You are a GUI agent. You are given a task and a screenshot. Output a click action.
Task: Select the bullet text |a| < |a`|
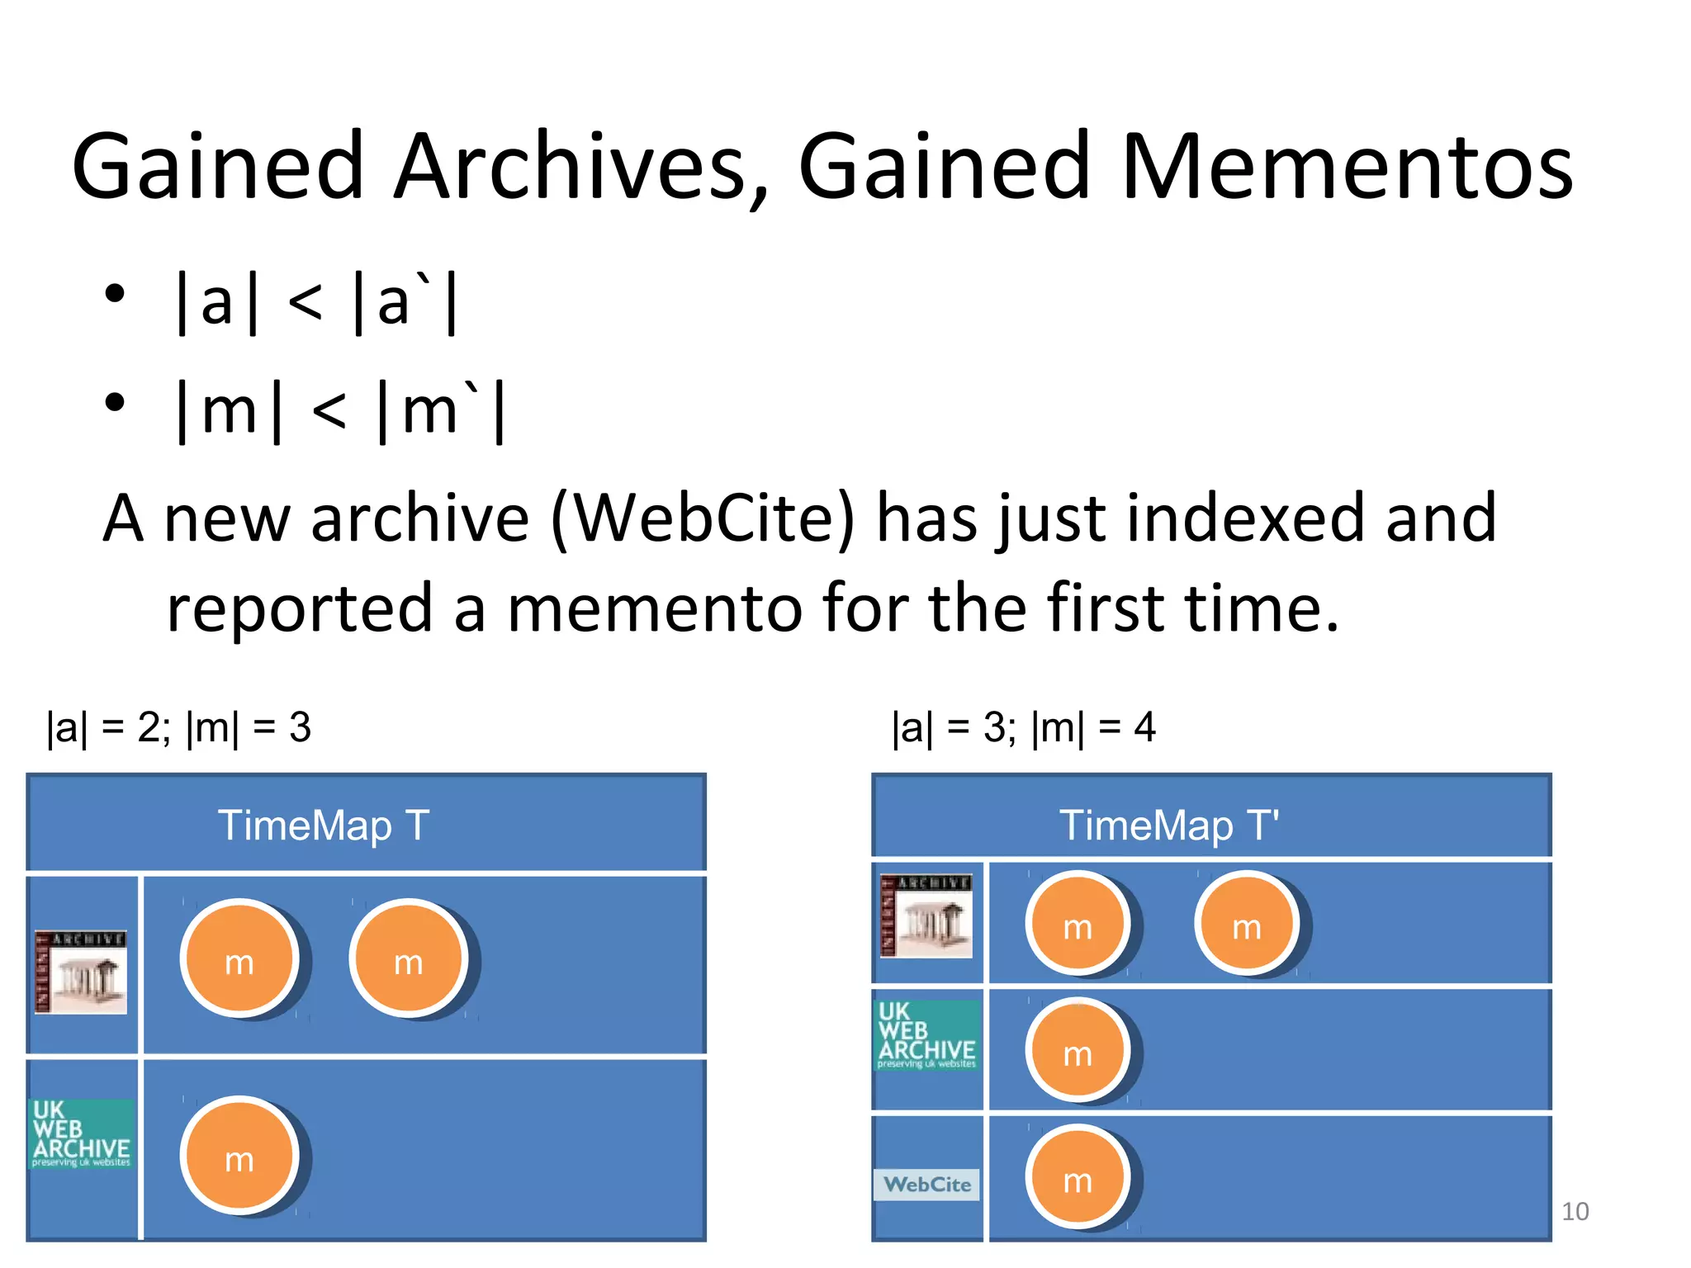click(x=316, y=303)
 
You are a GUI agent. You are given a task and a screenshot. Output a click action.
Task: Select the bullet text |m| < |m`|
click(x=340, y=411)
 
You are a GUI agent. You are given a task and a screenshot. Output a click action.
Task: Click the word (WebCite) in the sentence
click(x=703, y=518)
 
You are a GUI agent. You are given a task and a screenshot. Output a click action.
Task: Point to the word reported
click(x=299, y=608)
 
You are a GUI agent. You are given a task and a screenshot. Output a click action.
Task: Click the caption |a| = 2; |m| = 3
click(x=178, y=728)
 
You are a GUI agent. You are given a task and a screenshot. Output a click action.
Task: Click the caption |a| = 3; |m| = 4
click(x=1023, y=728)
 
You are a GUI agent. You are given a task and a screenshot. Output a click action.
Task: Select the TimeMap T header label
click(x=323, y=826)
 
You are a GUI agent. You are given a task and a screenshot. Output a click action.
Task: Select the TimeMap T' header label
click(x=1168, y=826)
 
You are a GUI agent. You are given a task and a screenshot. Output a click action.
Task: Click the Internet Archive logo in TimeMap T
click(x=81, y=972)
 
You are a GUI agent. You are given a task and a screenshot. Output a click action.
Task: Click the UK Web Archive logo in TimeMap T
click(x=81, y=1133)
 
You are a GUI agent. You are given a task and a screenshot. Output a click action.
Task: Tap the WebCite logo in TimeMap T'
click(x=926, y=1184)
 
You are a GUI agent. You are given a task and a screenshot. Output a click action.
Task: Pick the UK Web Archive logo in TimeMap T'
click(x=926, y=1034)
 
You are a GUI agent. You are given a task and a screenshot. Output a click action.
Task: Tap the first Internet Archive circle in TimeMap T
click(x=239, y=958)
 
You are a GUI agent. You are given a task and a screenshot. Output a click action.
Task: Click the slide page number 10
click(x=1575, y=1211)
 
